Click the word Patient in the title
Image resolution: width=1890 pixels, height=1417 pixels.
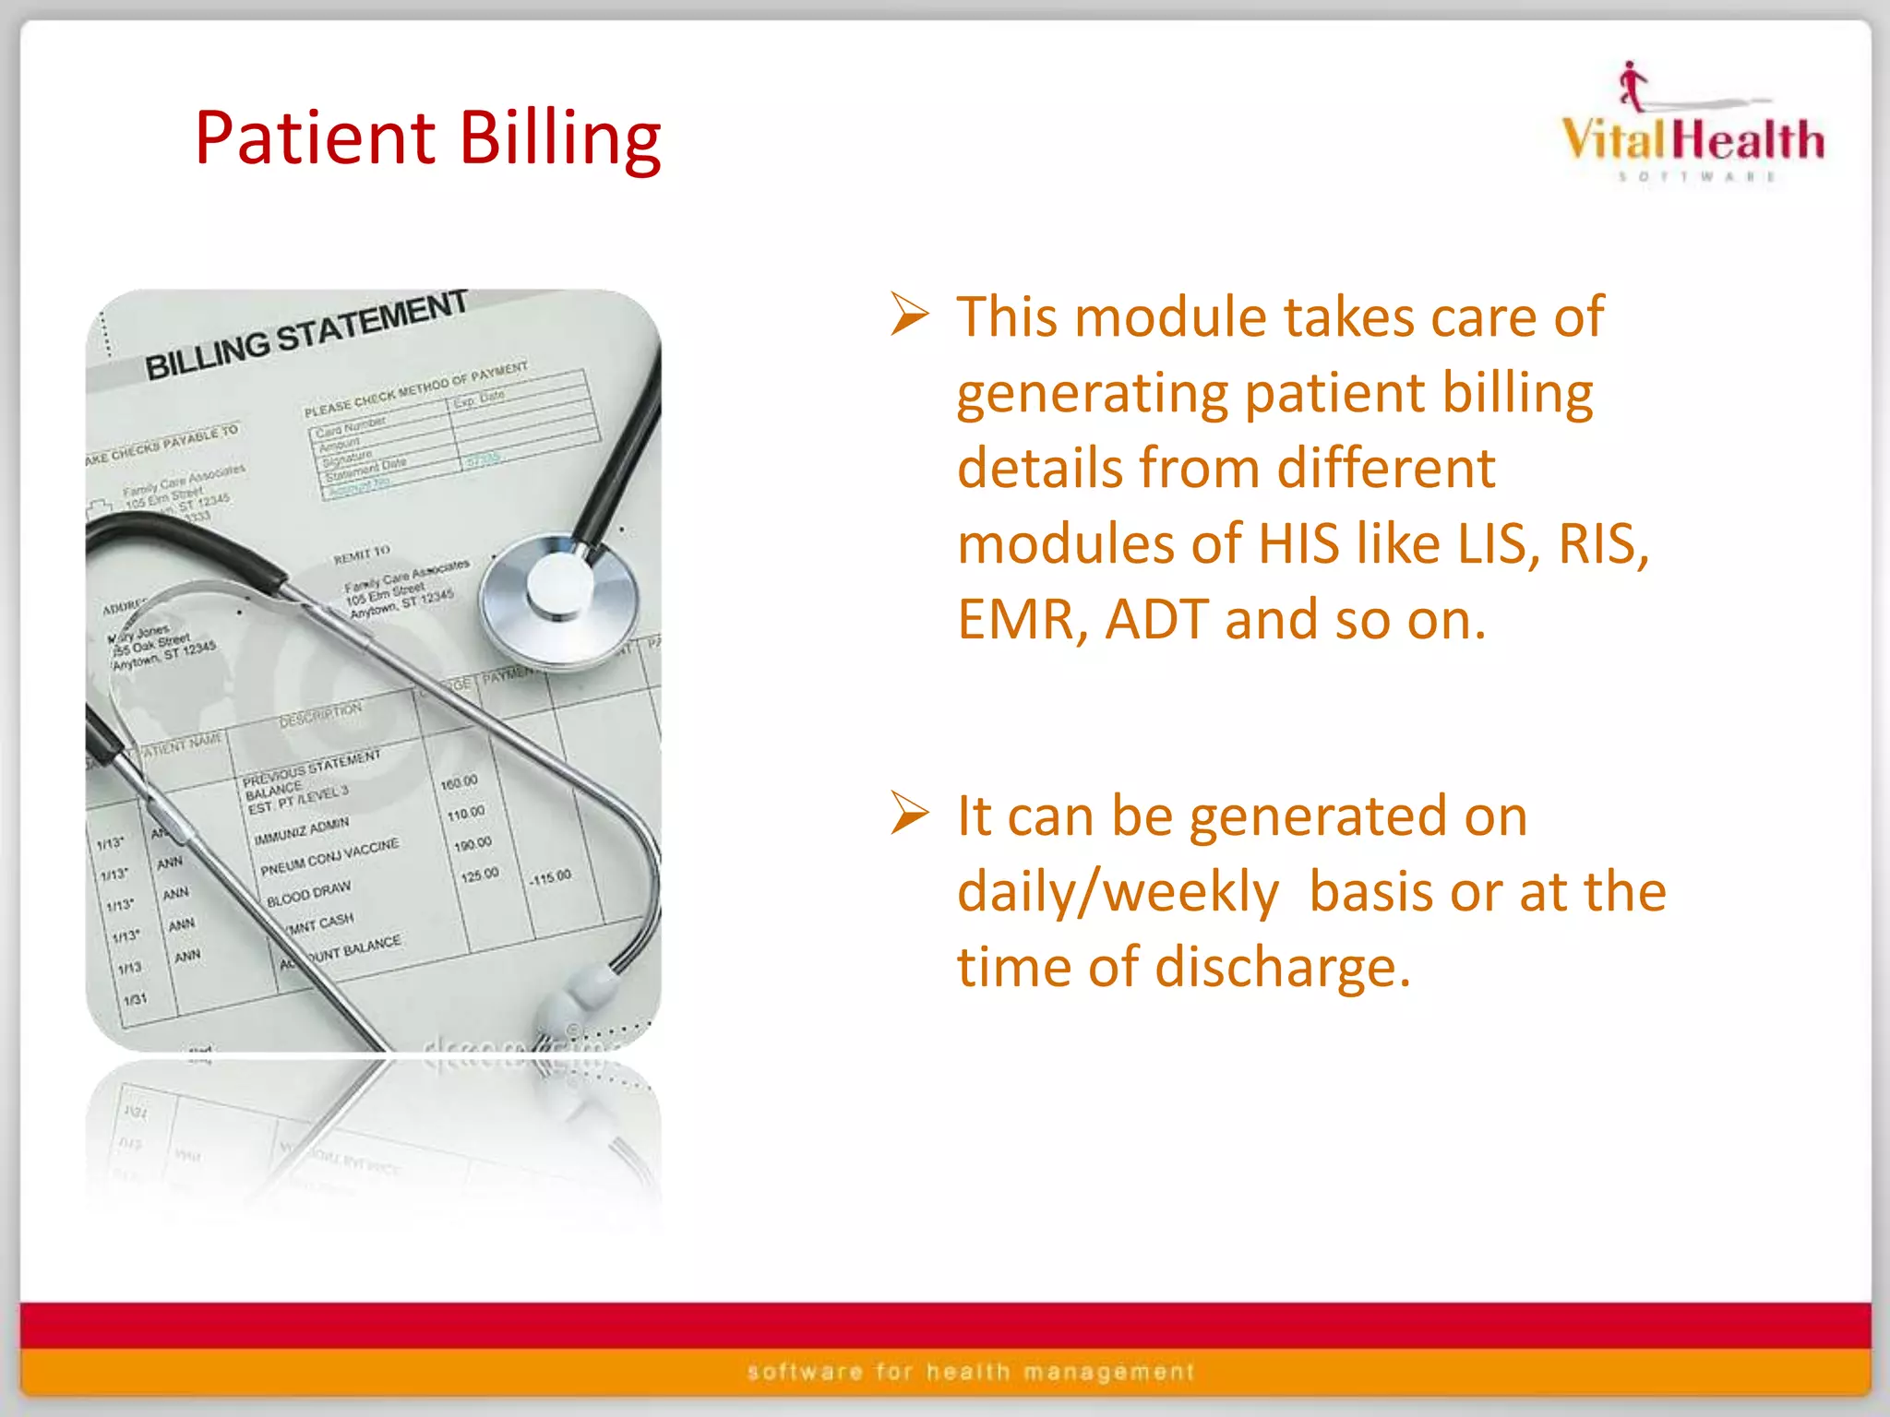[x=315, y=138]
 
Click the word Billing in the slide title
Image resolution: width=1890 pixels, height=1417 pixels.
[x=560, y=138]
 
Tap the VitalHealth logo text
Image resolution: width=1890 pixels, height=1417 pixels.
[x=1693, y=140]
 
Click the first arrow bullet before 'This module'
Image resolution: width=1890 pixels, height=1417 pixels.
[x=909, y=315]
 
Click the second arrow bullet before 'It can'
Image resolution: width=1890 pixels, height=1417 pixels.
[x=909, y=813]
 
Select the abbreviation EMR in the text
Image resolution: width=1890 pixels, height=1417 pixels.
[x=1013, y=619]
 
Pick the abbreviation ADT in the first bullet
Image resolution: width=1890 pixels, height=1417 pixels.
[x=1157, y=619]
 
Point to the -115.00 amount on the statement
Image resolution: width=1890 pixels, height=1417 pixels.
[x=550, y=876]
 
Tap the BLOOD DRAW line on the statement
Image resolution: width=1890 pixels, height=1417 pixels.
[x=308, y=893]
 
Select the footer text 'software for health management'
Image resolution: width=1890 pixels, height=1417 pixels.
[x=971, y=1372]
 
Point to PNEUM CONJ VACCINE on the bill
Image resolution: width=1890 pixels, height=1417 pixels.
[x=329, y=856]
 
